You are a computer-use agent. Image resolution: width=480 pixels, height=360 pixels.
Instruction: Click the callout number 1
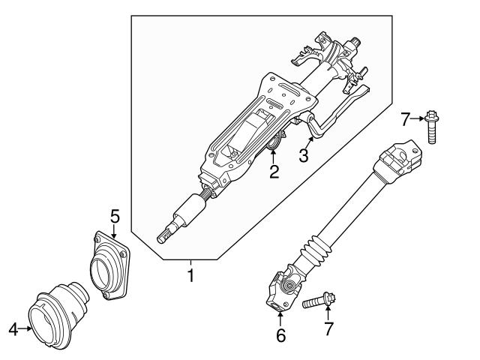tap(190, 276)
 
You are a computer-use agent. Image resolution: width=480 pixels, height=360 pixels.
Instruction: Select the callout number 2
tap(274, 172)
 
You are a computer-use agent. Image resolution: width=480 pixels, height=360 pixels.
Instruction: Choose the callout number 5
tap(115, 216)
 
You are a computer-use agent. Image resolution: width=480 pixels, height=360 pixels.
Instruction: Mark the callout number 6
tap(280, 335)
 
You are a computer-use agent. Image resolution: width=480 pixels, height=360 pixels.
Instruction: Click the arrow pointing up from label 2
tap(274, 157)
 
